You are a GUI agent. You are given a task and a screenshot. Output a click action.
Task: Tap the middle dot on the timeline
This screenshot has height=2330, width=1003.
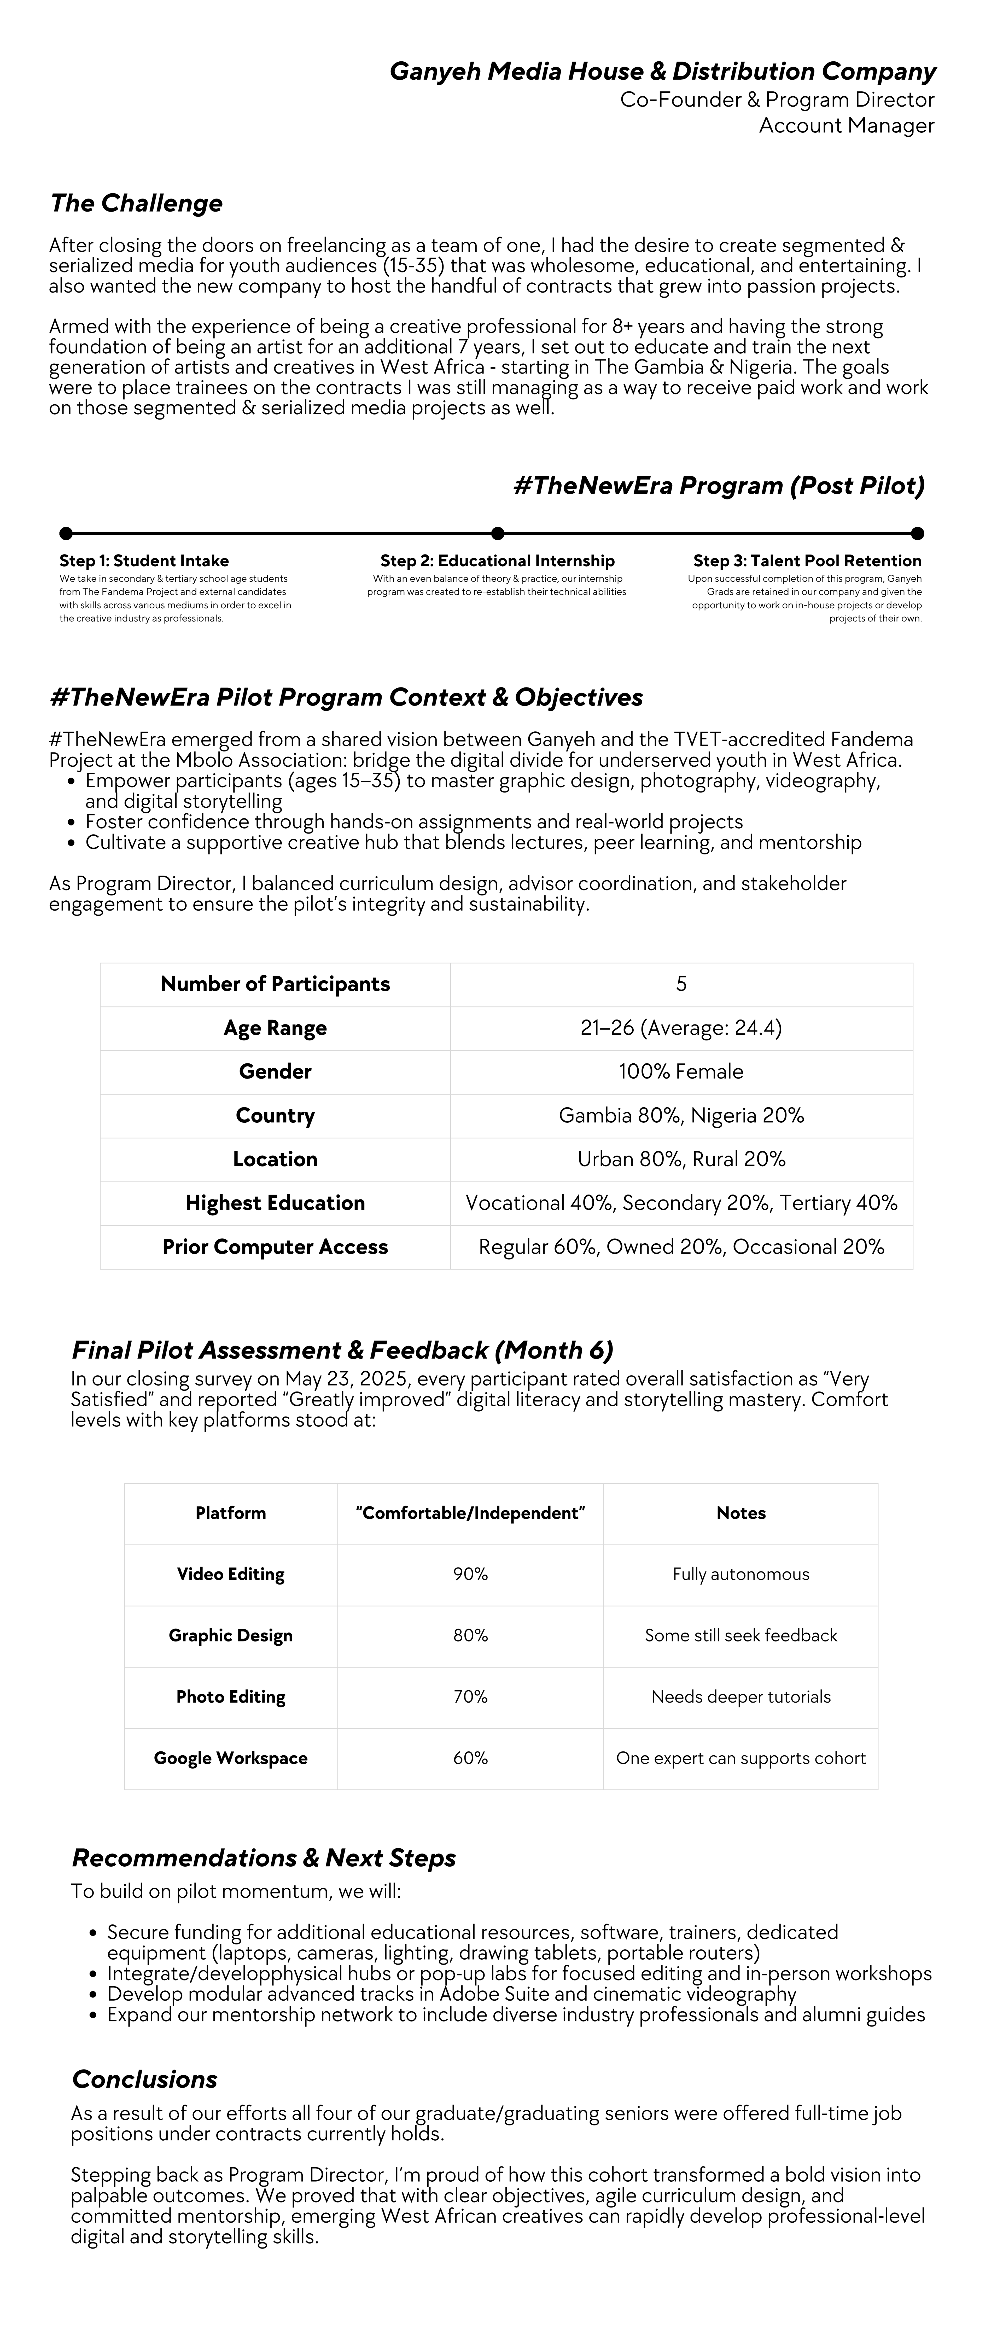coord(497,534)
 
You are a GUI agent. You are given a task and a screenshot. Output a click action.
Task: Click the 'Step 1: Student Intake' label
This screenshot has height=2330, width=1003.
coord(144,561)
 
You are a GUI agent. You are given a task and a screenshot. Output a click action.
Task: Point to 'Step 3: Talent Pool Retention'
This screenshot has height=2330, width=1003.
coord(807,561)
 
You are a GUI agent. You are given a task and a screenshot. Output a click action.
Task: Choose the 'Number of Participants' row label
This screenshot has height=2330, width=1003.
coord(275,984)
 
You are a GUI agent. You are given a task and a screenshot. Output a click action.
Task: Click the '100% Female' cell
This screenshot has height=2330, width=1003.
coord(681,1072)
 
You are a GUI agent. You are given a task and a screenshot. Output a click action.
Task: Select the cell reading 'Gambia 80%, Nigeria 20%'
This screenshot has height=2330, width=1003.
coord(681,1115)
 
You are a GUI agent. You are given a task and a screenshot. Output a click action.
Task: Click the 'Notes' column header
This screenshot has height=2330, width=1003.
coord(741,1513)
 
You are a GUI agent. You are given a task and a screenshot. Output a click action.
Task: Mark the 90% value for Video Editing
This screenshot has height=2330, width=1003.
coord(470,1575)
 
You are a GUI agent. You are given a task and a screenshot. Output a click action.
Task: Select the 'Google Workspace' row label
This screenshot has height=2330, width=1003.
coord(231,1758)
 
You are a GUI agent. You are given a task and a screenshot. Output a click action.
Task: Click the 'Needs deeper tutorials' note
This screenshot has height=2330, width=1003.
coord(741,1697)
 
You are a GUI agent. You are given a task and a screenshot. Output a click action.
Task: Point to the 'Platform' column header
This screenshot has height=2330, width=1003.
coord(231,1513)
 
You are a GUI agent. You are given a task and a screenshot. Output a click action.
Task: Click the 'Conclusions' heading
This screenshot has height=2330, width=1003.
coord(145,2079)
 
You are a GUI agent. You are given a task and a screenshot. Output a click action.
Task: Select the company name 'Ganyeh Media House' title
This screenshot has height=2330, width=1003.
coord(662,72)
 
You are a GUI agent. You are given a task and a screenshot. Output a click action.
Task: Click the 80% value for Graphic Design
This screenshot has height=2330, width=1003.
coord(470,1635)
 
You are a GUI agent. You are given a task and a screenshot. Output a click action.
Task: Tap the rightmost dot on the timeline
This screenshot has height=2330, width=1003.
coord(917,534)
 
